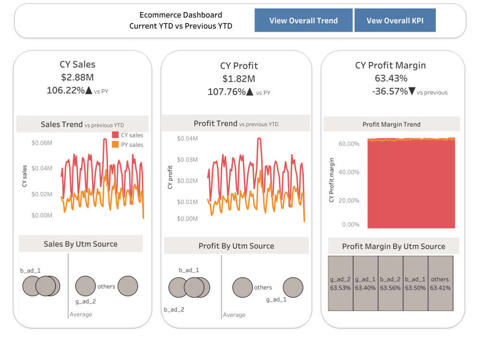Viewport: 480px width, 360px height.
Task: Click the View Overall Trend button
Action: pyautogui.click(x=303, y=21)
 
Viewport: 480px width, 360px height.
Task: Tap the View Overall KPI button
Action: pyautogui.click(x=395, y=21)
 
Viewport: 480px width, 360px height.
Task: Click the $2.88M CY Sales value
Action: pyautogui.click(x=77, y=77)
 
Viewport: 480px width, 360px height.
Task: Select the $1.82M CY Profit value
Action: pyautogui.click(x=239, y=79)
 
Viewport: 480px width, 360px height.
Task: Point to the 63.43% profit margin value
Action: pyautogui.click(x=390, y=78)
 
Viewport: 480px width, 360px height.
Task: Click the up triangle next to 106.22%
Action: pyautogui.click(x=88, y=90)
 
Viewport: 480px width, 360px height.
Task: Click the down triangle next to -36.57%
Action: pyautogui.click(x=411, y=91)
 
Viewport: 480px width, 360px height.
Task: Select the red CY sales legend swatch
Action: pyautogui.click(x=115, y=135)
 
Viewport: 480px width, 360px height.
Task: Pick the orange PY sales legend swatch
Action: pyautogui.click(x=115, y=144)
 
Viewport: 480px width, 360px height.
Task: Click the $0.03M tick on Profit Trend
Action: pyautogui.click(x=187, y=159)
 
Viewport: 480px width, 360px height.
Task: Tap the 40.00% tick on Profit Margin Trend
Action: pyautogui.click(x=349, y=172)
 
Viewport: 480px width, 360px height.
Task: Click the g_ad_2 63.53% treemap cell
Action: pyautogui.click(x=340, y=283)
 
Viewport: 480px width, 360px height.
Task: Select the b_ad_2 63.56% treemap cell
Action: pyautogui.click(x=390, y=283)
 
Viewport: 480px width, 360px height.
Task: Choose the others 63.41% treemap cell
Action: pyautogui.click(x=440, y=283)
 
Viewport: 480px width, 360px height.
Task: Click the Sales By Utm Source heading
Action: pyautogui.click(x=81, y=244)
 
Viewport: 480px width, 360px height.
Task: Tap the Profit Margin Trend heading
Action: pyautogui.click(x=391, y=124)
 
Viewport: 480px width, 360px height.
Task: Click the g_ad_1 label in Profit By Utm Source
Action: pyautogui.click(x=276, y=300)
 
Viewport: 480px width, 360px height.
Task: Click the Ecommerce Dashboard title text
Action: pyautogui.click(x=180, y=15)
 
